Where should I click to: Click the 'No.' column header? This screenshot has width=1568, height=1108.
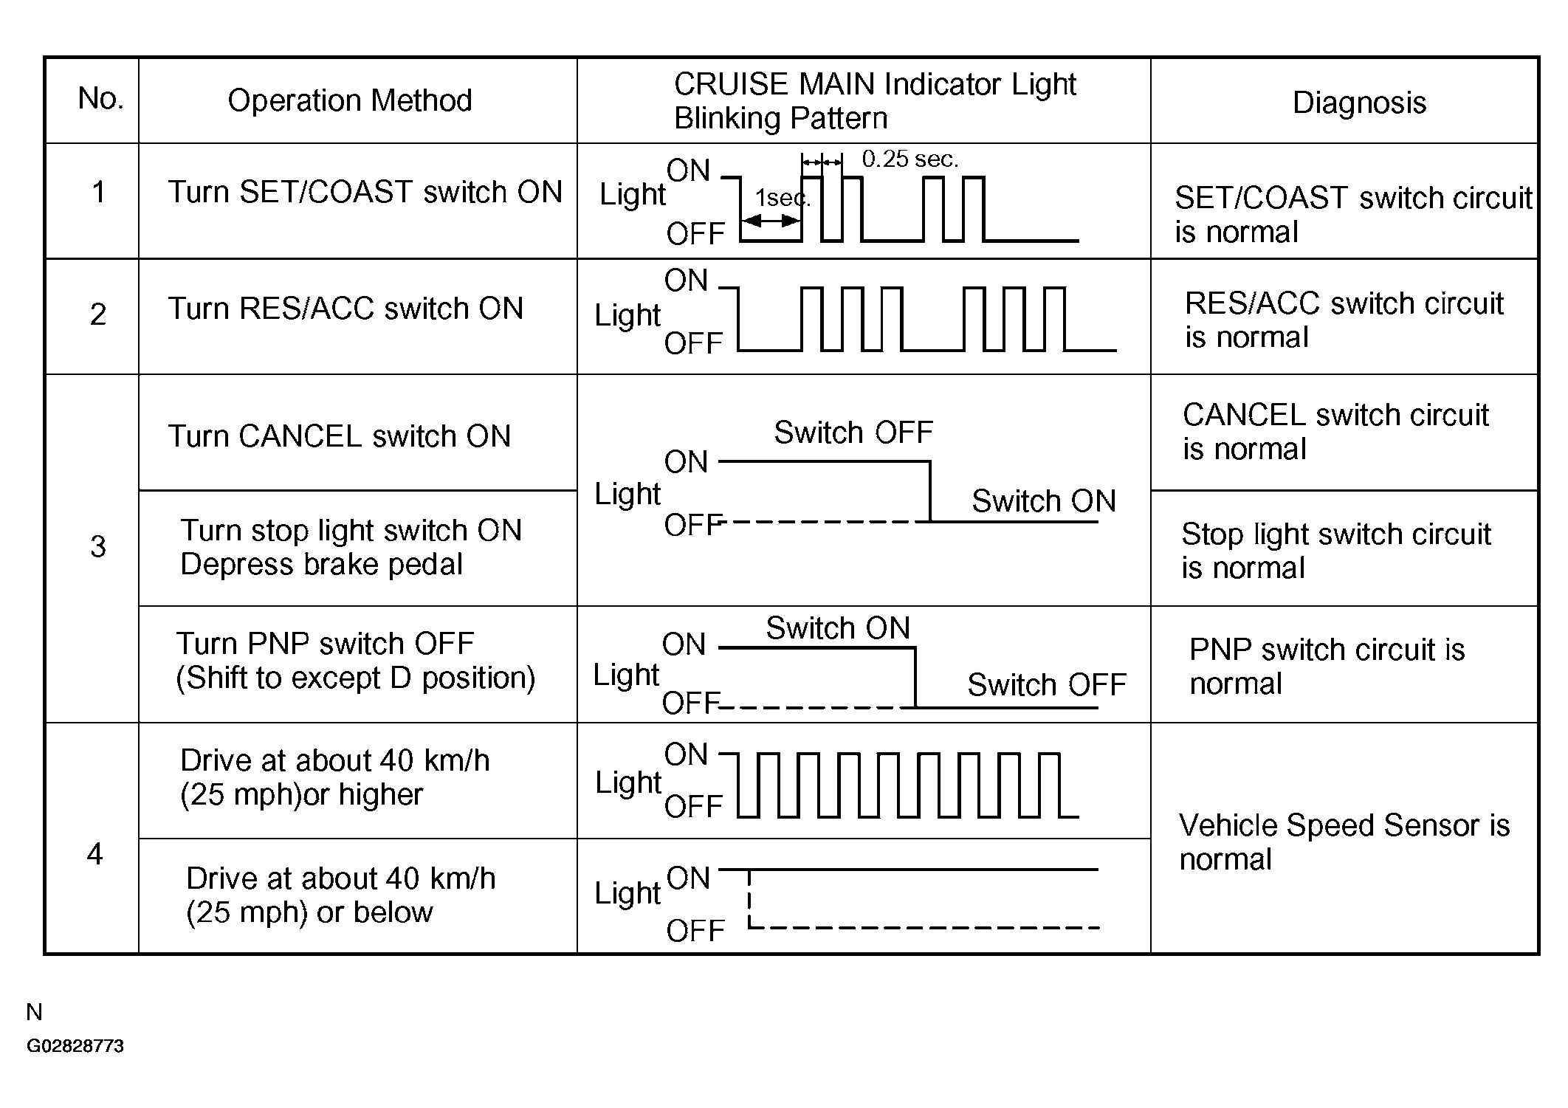(x=100, y=98)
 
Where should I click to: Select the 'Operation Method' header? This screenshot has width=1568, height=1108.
(x=350, y=100)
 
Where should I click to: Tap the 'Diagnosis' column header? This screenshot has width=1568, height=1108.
(x=1359, y=103)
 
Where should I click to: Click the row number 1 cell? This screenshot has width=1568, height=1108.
(x=98, y=192)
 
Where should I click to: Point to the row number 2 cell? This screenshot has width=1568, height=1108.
(x=98, y=314)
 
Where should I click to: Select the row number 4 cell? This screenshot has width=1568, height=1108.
(x=94, y=854)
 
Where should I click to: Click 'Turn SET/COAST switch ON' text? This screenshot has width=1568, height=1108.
(x=365, y=192)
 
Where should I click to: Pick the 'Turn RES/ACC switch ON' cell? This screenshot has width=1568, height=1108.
(x=346, y=309)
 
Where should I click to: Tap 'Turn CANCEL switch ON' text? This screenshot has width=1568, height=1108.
(x=340, y=436)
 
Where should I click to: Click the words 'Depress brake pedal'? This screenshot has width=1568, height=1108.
(x=321, y=565)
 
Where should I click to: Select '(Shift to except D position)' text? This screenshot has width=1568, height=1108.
(x=355, y=678)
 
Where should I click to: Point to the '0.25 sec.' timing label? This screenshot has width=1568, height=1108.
(x=910, y=159)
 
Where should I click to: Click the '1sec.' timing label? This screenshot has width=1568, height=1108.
(x=783, y=198)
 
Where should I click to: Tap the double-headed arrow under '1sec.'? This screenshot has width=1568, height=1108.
(x=771, y=221)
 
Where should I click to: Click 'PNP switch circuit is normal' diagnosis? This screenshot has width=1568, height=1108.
(x=1327, y=667)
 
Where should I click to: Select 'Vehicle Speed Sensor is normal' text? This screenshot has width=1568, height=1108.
(x=1344, y=842)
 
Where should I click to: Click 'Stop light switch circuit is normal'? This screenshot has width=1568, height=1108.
(x=1336, y=551)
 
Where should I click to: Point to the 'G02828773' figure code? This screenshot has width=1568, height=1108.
(x=75, y=1046)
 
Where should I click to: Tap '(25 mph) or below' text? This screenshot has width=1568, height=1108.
(x=309, y=913)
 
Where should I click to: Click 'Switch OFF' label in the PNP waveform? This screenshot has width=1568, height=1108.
(x=1047, y=685)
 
